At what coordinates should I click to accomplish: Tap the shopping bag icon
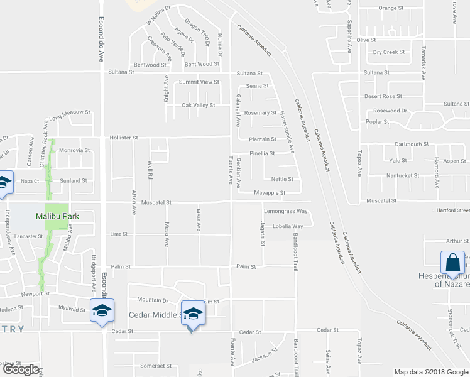[452, 263]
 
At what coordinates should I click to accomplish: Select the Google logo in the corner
[21, 369]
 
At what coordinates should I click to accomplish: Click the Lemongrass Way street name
[285, 212]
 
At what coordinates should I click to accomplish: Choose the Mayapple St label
[270, 193]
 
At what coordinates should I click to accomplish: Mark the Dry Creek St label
[389, 53]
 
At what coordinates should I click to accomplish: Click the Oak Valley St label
[199, 106]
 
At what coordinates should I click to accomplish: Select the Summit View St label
[199, 82]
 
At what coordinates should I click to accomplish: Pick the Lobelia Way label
[288, 226]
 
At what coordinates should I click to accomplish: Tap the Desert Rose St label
[383, 96]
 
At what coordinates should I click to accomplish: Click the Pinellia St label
[263, 153]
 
